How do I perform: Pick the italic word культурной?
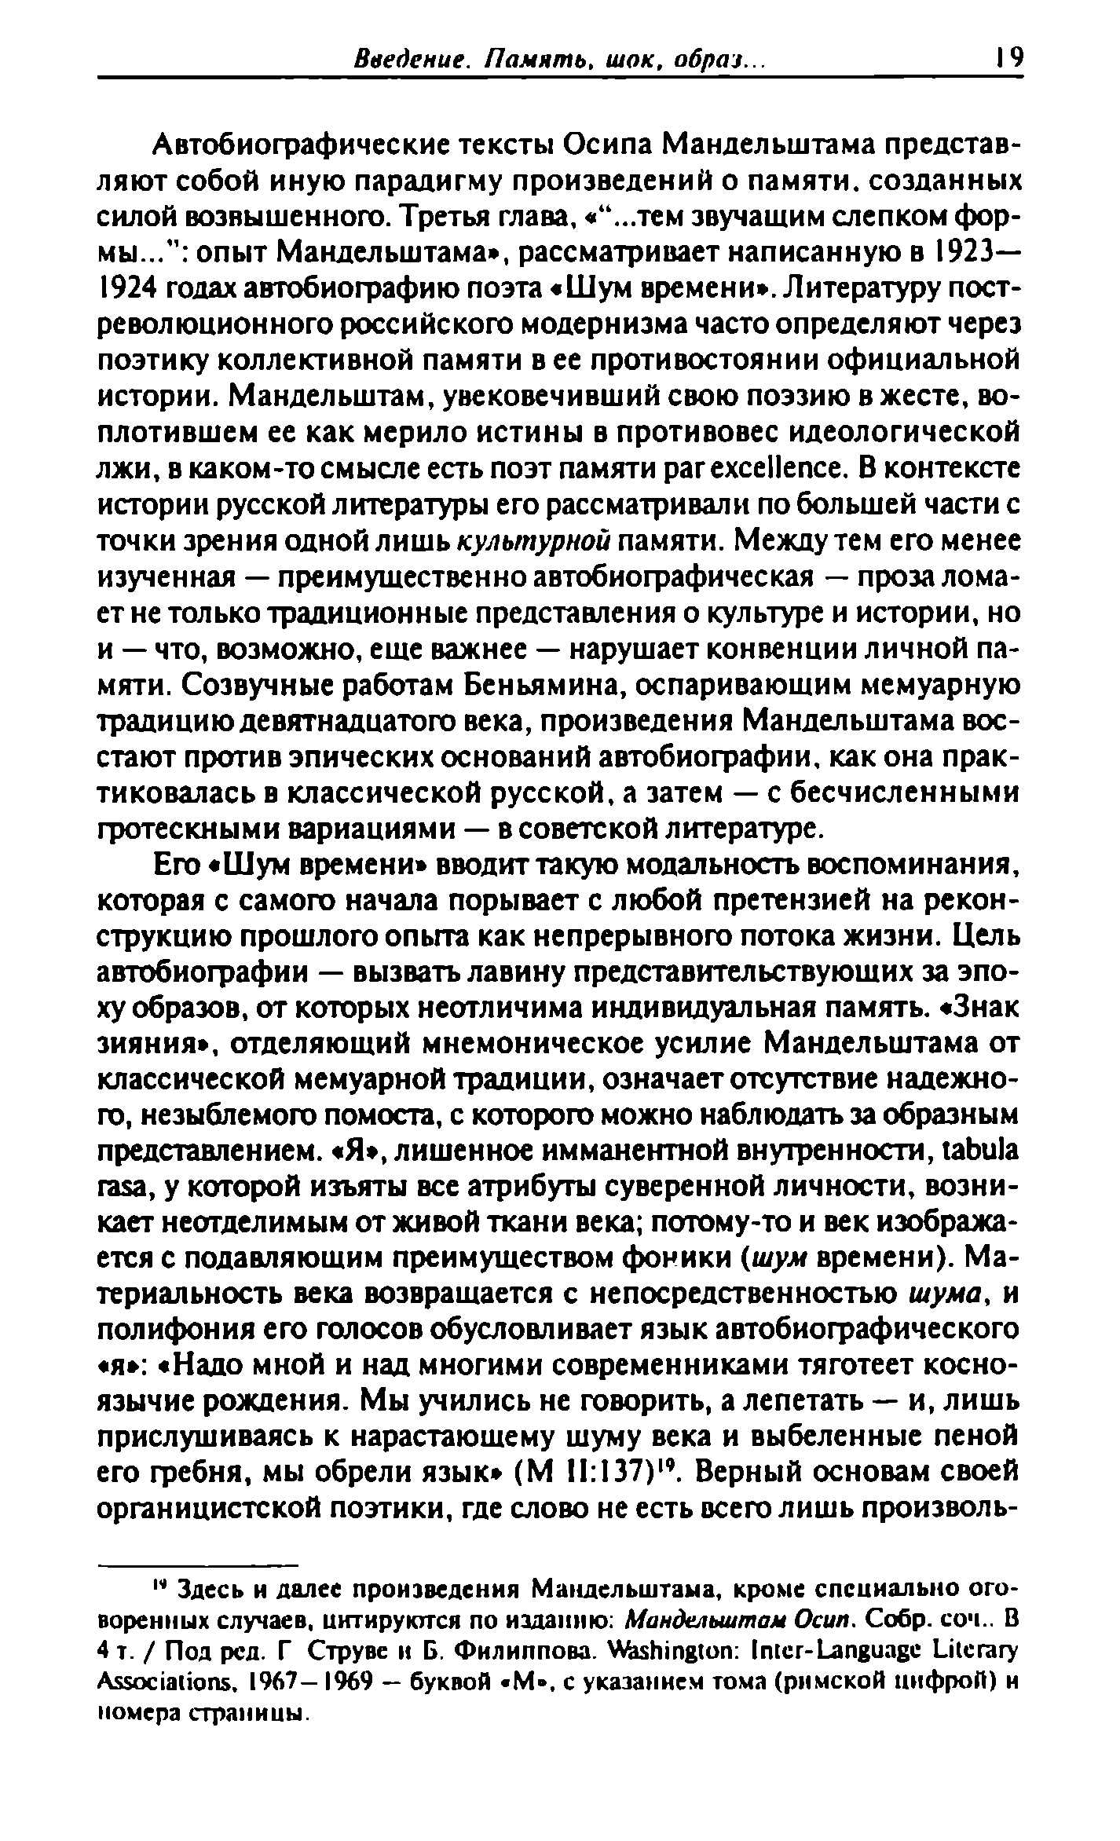tap(535, 542)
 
